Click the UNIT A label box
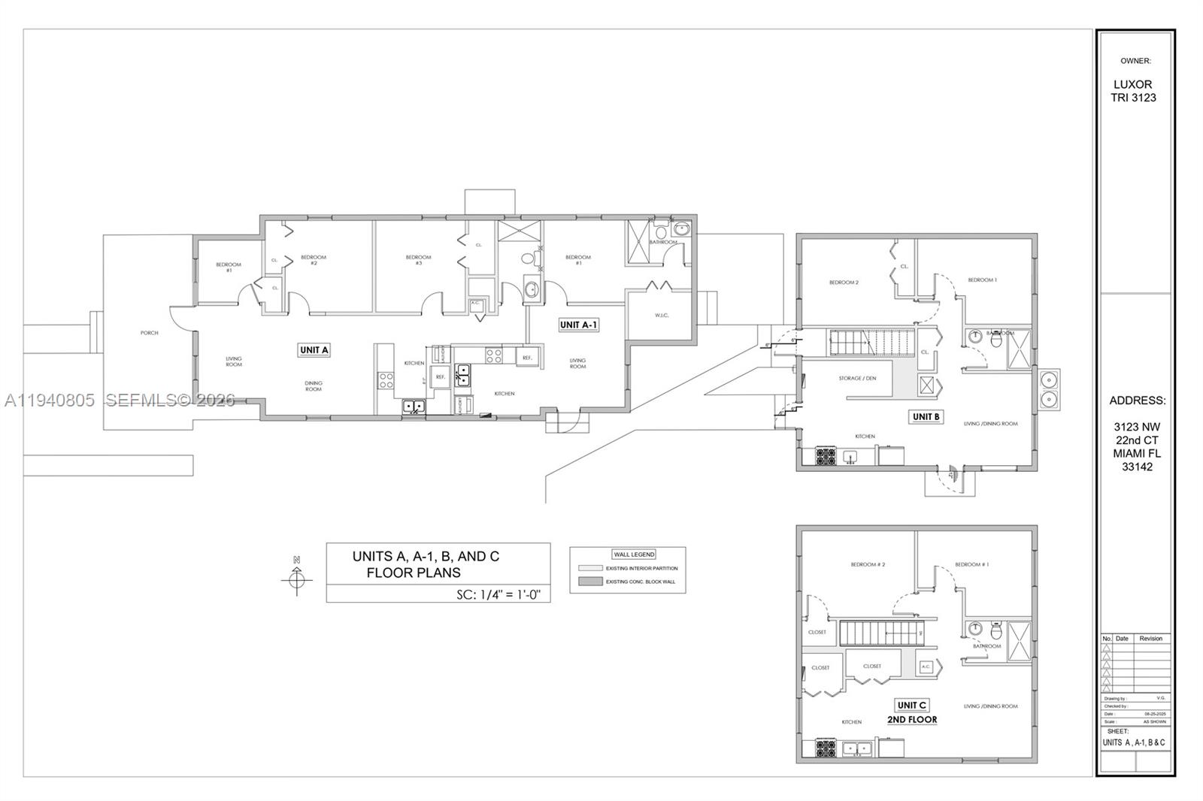tap(314, 349)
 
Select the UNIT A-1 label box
tap(578, 325)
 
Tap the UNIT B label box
tap(926, 416)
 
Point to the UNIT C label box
tap(911, 705)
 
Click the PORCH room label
tap(149, 333)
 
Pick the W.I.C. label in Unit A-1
tap(661, 315)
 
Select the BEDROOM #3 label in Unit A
tap(418, 260)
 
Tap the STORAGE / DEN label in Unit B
tap(857, 378)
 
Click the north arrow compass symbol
tap(296, 579)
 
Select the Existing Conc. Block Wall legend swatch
tap(591, 582)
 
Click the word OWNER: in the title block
tap(1135, 61)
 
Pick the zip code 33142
tap(1137, 467)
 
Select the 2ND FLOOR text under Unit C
tap(912, 719)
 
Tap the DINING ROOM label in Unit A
tap(314, 386)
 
